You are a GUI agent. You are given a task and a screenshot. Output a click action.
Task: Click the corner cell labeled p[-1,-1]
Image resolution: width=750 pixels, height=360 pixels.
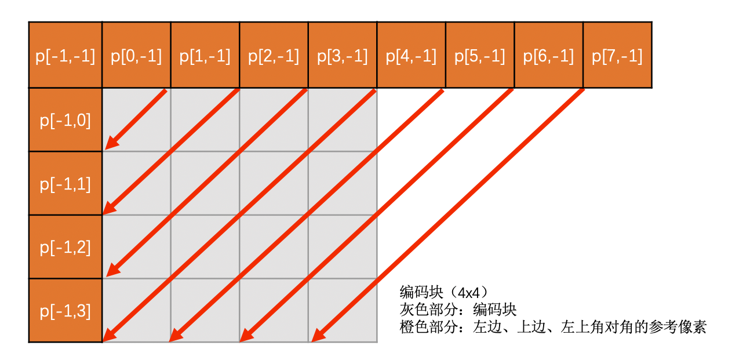pyautogui.click(x=65, y=56)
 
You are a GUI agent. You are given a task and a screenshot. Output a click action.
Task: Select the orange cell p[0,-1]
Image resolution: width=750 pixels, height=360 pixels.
pyautogui.click(x=136, y=56)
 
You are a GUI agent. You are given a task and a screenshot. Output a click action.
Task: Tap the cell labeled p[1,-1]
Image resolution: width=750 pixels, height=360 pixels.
pyautogui.click(x=205, y=56)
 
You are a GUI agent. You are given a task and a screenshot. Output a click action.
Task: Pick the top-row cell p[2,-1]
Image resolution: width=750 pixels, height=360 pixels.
pyautogui.click(x=274, y=56)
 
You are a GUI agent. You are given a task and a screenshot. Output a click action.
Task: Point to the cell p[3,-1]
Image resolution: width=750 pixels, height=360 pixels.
pyautogui.click(x=343, y=56)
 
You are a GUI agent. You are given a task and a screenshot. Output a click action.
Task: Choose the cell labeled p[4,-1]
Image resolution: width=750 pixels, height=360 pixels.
pyautogui.click(x=411, y=56)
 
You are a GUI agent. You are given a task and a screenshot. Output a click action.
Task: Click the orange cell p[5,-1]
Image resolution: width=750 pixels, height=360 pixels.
pyautogui.click(x=480, y=56)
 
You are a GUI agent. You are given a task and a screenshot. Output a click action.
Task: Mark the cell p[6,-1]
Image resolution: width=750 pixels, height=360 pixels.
pyautogui.click(x=548, y=56)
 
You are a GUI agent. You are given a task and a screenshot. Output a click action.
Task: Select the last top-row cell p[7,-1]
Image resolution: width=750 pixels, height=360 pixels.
pyautogui.click(x=617, y=56)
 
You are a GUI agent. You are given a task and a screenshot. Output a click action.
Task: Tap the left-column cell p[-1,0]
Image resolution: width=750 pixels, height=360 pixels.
pyautogui.click(x=65, y=121)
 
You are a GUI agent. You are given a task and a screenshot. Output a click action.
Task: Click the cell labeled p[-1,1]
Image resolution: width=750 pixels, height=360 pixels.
pyautogui.click(x=65, y=184)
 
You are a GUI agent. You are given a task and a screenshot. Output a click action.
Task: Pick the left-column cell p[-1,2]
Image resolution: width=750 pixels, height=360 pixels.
pyautogui.click(x=65, y=248)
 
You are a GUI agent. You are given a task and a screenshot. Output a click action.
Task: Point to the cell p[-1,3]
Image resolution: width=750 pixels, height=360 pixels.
pyautogui.click(x=65, y=311)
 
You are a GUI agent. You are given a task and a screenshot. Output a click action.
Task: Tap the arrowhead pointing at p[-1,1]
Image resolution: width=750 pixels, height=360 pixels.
pyautogui.click(x=110, y=206)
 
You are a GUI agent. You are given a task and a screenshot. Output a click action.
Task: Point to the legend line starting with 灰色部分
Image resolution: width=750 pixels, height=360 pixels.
pyautogui.click(x=458, y=309)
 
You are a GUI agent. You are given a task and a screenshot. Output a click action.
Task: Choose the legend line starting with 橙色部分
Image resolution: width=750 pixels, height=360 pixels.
pyautogui.click(x=553, y=327)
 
